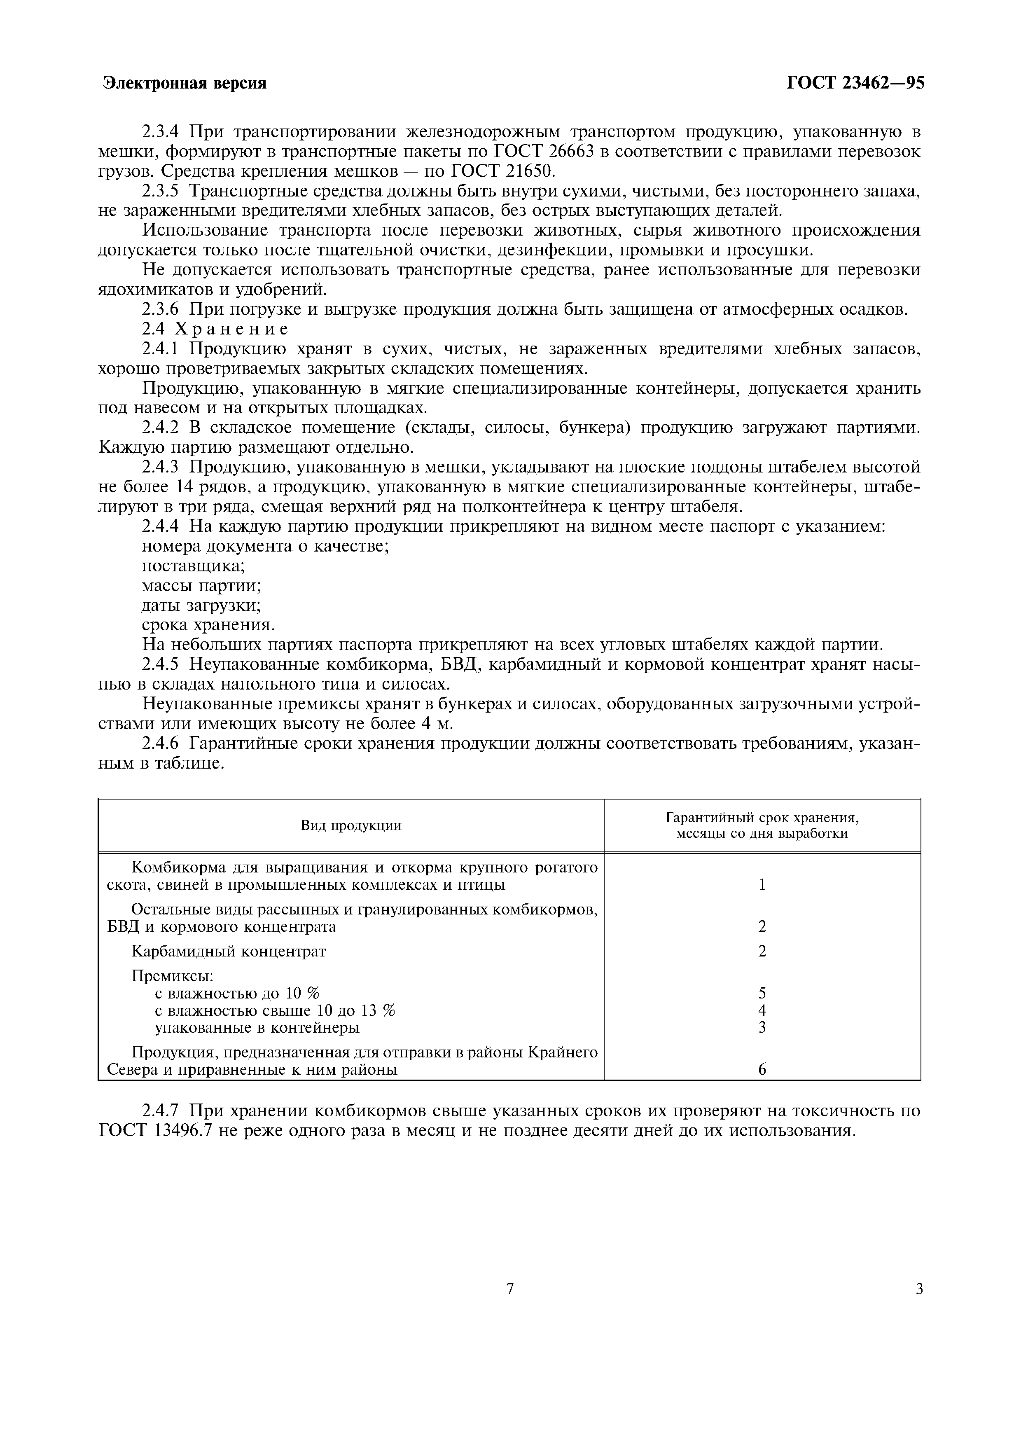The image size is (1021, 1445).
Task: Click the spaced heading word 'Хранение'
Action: pos(231,329)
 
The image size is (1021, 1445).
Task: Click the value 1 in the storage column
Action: pos(762,884)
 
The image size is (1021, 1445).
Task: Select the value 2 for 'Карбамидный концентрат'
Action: pos(762,951)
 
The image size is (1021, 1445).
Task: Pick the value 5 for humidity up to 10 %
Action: pos(762,993)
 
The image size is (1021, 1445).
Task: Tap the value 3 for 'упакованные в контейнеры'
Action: pos(762,1027)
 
